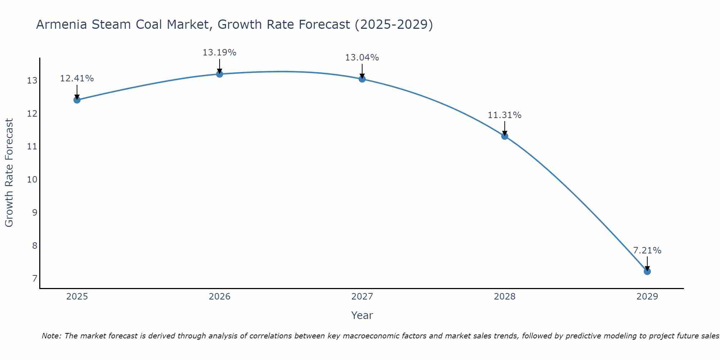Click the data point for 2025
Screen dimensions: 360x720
click(77, 100)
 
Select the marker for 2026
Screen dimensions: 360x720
click(219, 74)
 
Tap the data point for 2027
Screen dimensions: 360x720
click(362, 79)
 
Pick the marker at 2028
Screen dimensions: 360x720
click(504, 136)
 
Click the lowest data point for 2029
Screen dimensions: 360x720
click(647, 271)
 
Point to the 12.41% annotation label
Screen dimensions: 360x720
click(77, 78)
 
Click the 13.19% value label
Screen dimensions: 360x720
click(219, 53)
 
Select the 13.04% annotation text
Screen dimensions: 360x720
click(362, 58)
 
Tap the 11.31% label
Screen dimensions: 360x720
click(504, 115)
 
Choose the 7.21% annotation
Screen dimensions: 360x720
click(647, 251)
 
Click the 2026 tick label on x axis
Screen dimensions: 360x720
click(220, 297)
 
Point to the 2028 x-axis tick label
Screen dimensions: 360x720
click(504, 297)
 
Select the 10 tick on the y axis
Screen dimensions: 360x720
click(32, 180)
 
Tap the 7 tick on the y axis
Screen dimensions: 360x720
click(35, 279)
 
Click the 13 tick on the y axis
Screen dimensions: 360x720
click(32, 81)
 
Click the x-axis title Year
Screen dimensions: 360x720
click(362, 315)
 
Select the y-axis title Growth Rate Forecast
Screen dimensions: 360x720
click(9, 173)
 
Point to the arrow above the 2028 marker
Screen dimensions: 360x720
click(504, 128)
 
